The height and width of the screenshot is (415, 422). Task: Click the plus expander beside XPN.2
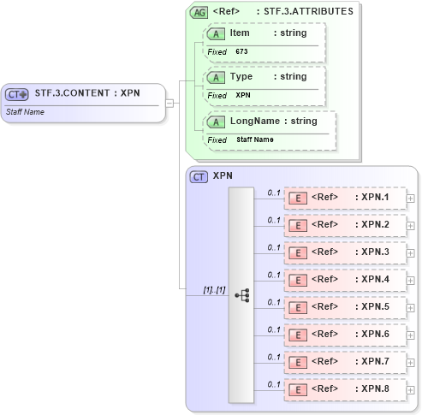coord(411,226)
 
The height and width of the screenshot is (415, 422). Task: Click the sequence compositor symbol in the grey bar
coord(241,293)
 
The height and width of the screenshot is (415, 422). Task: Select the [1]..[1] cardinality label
coord(213,290)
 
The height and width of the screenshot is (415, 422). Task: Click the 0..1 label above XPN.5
coord(274,301)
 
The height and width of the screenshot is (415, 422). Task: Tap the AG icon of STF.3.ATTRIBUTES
coord(199,12)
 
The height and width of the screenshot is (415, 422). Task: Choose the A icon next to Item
coord(217,33)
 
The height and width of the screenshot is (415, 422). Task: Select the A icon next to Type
coord(217,77)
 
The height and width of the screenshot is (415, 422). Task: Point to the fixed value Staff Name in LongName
coord(255,139)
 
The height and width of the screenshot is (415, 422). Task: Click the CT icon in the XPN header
coord(199,177)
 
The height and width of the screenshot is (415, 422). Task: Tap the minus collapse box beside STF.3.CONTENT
coord(169,103)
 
